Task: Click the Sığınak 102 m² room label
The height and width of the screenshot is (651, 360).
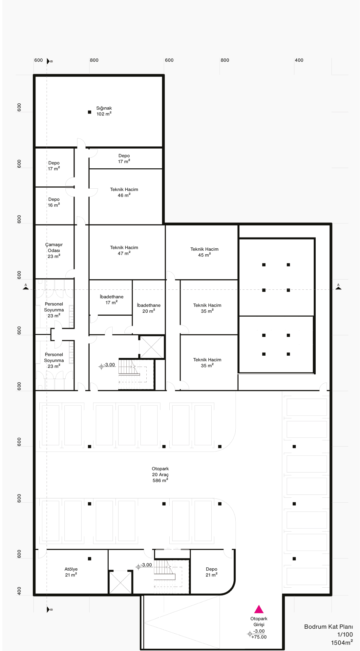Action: tap(104, 111)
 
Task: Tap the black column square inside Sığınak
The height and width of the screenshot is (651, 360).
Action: tap(90, 112)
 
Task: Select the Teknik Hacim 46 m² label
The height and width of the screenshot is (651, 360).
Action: tap(124, 192)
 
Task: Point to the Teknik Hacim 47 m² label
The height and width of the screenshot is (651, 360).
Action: tap(124, 250)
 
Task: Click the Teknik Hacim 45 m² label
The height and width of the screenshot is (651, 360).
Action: tap(204, 252)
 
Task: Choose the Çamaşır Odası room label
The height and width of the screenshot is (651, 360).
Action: tap(54, 250)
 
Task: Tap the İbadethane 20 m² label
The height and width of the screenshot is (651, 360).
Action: tap(149, 308)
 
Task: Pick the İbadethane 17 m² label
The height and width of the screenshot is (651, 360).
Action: tap(112, 300)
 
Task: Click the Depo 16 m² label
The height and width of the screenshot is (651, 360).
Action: tap(54, 202)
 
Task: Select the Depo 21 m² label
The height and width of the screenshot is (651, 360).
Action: tap(212, 572)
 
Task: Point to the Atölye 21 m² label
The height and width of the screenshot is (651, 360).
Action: tap(71, 572)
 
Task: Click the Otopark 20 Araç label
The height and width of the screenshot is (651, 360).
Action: tap(160, 472)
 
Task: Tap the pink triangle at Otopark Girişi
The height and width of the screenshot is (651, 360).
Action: tap(259, 609)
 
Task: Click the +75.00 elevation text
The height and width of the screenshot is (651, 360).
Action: tap(259, 637)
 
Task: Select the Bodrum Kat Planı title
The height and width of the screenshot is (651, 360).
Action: tap(328, 627)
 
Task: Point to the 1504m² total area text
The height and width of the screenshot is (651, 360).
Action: tap(342, 642)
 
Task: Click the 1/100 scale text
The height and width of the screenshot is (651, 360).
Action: tap(345, 635)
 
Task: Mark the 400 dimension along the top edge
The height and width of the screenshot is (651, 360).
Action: tap(299, 60)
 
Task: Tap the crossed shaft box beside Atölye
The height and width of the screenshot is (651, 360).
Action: tap(120, 582)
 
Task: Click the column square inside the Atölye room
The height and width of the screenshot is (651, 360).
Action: tap(90, 559)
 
